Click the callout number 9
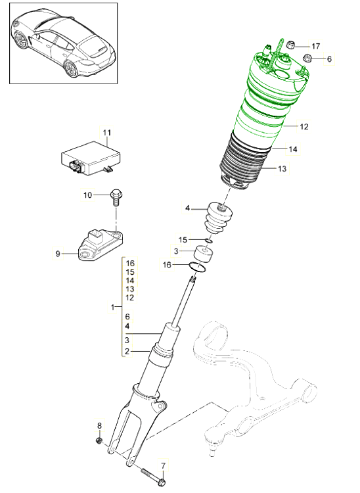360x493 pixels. (57, 252)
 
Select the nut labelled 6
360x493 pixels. (305, 59)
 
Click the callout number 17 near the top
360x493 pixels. (316, 46)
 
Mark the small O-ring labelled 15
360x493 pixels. (208, 241)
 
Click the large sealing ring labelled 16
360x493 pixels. (199, 266)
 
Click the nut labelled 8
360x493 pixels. (99, 440)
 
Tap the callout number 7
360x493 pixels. (164, 465)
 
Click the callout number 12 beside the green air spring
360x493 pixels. (304, 126)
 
